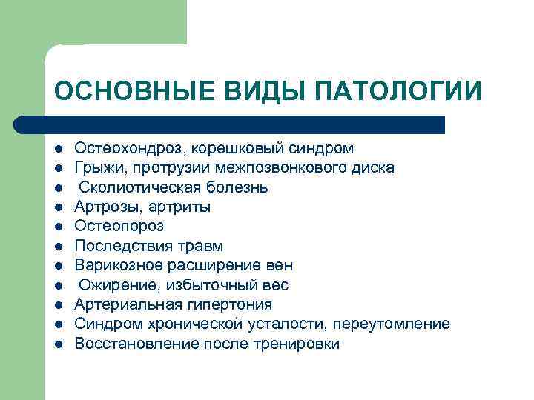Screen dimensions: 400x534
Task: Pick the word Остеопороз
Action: (x=119, y=226)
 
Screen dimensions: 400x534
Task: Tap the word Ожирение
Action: (x=113, y=285)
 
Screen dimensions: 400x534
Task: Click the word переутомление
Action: (x=391, y=324)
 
